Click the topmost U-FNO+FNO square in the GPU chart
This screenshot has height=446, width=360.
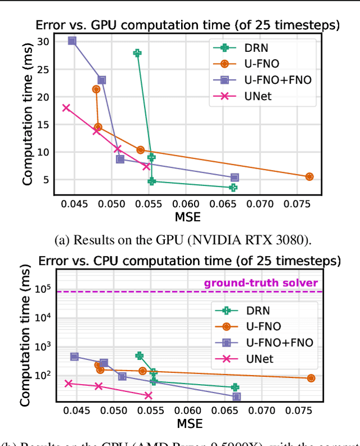point(72,41)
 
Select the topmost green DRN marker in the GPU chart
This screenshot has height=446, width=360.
point(137,53)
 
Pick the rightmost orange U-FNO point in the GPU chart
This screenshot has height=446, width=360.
point(309,176)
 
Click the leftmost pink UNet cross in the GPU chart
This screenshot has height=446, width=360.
point(66,108)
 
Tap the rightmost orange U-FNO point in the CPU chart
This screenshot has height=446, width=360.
point(311,378)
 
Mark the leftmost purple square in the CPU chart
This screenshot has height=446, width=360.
point(74,356)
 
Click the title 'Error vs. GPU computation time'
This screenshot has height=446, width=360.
point(188,25)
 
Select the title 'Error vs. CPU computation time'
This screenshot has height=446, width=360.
point(189,261)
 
